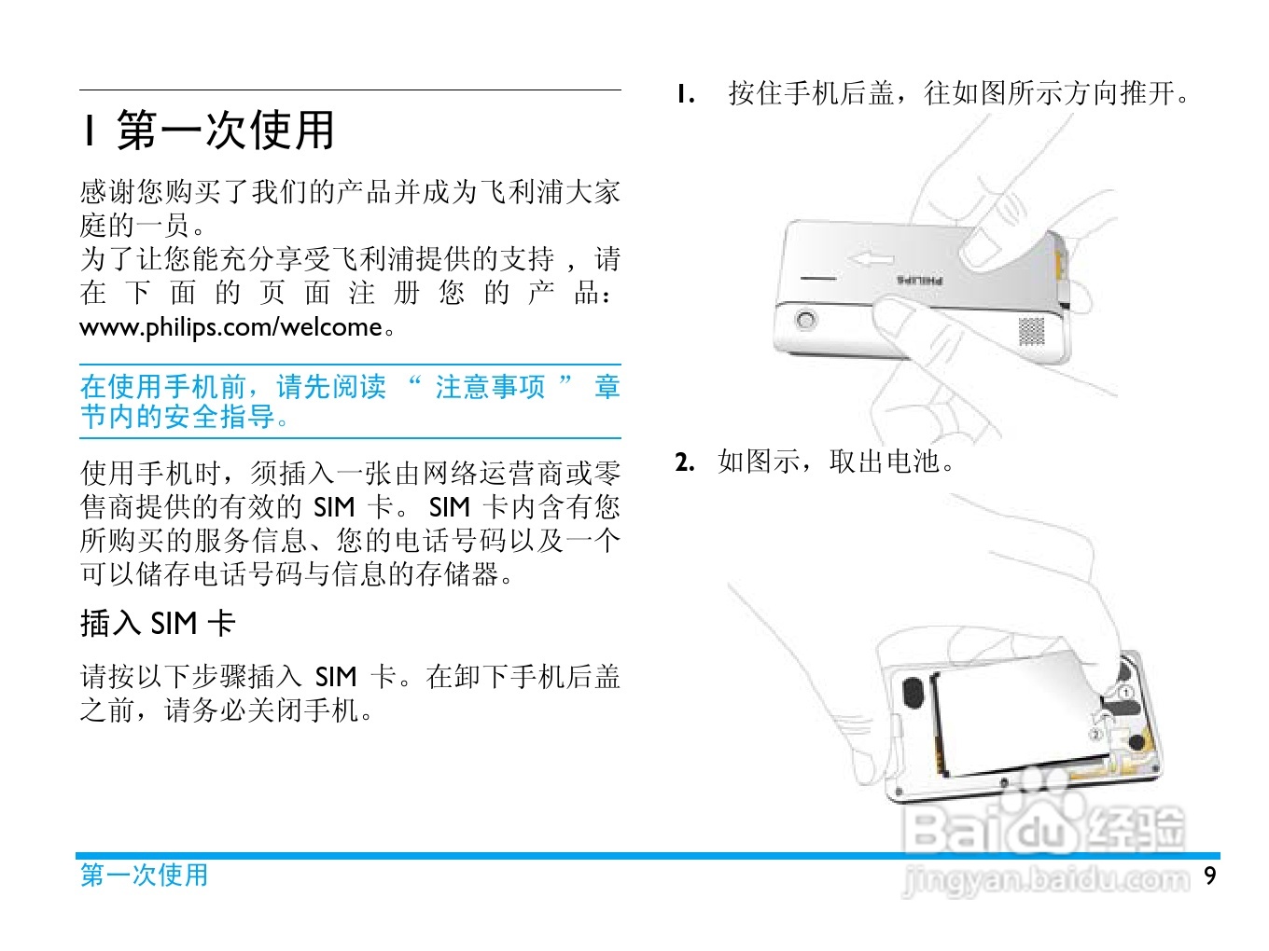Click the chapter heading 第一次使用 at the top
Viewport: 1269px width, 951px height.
pyautogui.click(x=226, y=130)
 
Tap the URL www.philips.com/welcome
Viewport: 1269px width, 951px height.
pyautogui.click(x=230, y=327)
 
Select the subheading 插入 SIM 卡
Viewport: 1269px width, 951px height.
pyautogui.click(x=158, y=623)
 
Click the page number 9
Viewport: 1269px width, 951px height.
pyautogui.click(x=1210, y=875)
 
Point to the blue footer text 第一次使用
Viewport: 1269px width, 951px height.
pyautogui.click(x=144, y=875)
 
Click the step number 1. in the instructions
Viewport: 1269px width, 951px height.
pyautogui.click(x=686, y=94)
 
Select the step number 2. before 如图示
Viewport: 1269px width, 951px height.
pyautogui.click(x=685, y=462)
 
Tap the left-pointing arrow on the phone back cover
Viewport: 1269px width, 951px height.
pyautogui.click(x=872, y=260)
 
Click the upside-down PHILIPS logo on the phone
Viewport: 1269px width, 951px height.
pyautogui.click(x=919, y=281)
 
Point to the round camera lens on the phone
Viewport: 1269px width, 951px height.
pyautogui.click(x=806, y=319)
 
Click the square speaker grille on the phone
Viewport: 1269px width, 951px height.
pyautogui.click(x=1031, y=331)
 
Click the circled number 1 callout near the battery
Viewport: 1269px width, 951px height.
pyautogui.click(x=1126, y=692)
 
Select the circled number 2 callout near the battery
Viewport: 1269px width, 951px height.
pyautogui.click(x=1095, y=735)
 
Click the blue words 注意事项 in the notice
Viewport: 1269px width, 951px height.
pyautogui.click(x=490, y=386)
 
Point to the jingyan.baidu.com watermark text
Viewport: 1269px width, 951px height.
pyautogui.click(x=1046, y=879)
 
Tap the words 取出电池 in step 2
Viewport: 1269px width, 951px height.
pyautogui.click(x=884, y=462)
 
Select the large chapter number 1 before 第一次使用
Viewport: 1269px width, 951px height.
pyautogui.click(x=89, y=130)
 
